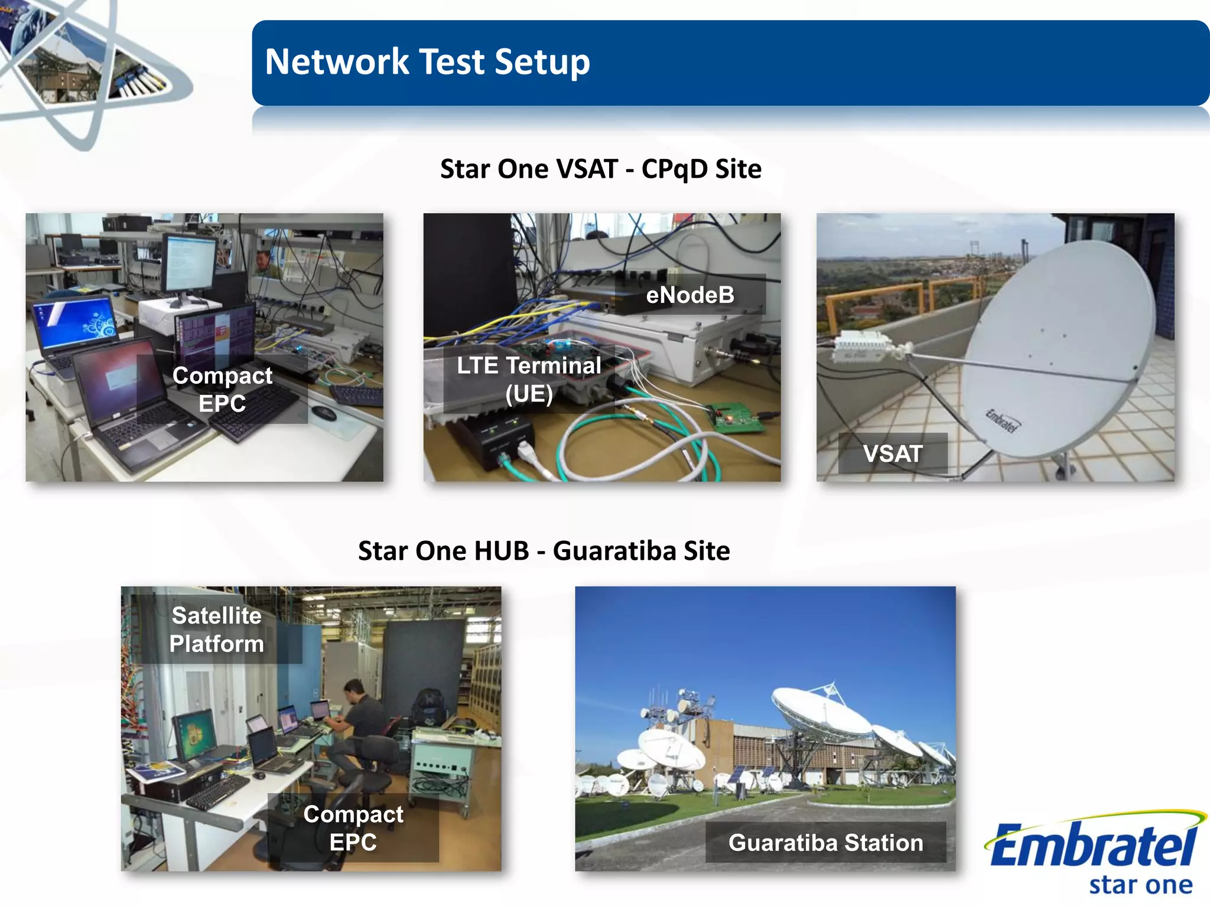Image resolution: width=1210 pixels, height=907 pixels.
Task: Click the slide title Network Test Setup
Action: (x=427, y=62)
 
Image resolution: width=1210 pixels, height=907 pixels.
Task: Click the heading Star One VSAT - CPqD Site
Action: (x=600, y=169)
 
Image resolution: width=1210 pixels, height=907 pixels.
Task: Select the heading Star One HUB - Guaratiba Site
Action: (x=544, y=551)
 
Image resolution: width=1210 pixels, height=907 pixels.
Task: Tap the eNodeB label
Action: (x=689, y=295)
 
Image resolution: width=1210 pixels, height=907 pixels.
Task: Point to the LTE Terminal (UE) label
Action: (x=529, y=380)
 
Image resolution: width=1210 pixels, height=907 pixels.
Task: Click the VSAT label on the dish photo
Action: (x=892, y=453)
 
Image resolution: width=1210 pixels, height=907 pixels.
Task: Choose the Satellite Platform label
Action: (x=217, y=629)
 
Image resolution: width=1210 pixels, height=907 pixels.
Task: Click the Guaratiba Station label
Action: (x=825, y=843)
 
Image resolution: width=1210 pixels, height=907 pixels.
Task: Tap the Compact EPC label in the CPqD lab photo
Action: (x=222, y=389)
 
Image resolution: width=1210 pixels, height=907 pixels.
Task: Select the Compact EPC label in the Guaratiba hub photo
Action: (x=353, y=828)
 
